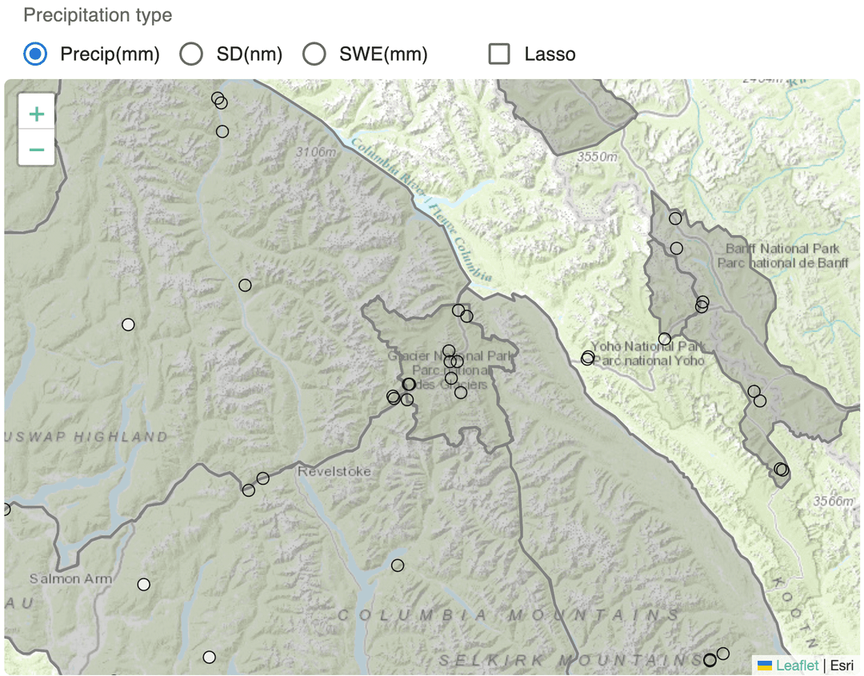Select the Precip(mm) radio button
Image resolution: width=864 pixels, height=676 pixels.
coord(35,54)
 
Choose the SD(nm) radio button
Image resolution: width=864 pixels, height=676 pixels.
coord(191,54)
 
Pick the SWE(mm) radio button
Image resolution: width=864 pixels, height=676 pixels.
coord(314,54)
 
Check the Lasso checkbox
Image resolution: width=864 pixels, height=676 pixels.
coord(500,54)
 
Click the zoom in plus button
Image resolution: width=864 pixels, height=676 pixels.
coord(37,114)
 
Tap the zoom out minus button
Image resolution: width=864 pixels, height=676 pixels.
coord(37,149)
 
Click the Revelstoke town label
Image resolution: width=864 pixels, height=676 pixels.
coord(334,471)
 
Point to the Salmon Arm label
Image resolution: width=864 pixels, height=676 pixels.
coord(70,578)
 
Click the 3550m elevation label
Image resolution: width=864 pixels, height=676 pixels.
coord(597,158)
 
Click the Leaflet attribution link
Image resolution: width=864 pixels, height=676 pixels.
coord(797,665)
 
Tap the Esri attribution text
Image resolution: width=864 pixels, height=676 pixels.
coord(842,665)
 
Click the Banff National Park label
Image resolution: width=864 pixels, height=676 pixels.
coord(782,249)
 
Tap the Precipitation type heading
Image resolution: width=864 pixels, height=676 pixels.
coord(98,15)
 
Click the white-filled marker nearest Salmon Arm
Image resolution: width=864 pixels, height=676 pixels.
coord(143,584)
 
